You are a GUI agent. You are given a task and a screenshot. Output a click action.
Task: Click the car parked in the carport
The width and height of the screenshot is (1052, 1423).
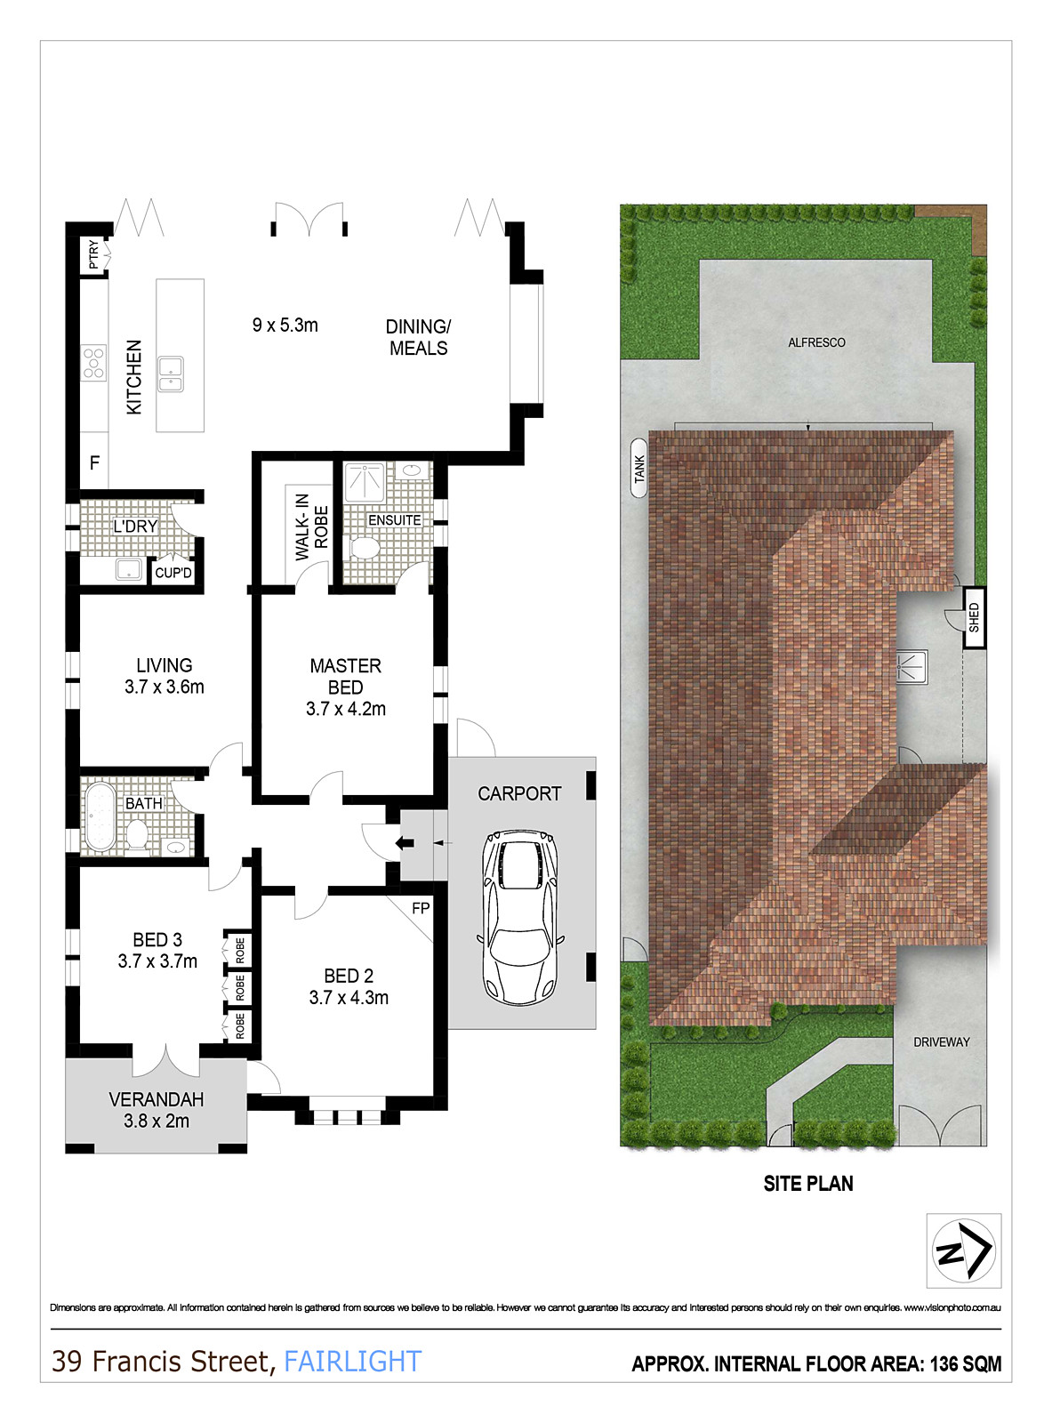click(x=519, y=918)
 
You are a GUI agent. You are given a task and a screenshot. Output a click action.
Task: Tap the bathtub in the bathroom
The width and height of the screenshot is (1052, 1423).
click(x=100, y=816)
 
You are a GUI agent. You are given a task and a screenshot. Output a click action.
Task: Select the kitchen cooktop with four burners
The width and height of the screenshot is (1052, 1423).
click(x=93, y=363)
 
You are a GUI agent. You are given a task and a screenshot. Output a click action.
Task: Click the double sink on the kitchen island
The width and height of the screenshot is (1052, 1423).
click(x=171, y=374)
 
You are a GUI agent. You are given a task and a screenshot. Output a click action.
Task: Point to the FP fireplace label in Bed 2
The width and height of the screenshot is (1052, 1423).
click(x=421, y=908)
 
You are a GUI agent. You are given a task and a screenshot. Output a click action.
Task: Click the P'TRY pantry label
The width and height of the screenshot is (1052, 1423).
click(x=94, y=254)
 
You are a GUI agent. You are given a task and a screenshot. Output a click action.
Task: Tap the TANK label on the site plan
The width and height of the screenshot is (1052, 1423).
click(x=638, y=469)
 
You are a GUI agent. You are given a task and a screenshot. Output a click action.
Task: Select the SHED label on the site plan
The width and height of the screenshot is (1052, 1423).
click(x=975, y=617)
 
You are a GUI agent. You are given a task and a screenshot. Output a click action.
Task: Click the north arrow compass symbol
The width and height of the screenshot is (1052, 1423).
click(x=963, y=1250)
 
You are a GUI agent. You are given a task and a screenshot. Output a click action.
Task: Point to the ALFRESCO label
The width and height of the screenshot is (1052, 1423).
click(x=816, y=342)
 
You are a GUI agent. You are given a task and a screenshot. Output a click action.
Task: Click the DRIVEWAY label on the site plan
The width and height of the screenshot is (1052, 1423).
click(x=941, y=1042)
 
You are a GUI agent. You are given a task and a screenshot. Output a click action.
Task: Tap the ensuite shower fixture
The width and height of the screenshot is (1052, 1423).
click(x=365, y=481)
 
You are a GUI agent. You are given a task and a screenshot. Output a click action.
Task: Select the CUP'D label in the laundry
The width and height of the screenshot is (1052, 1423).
click(x=173, y=572)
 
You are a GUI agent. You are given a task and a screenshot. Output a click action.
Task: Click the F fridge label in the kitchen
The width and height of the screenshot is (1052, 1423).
click(x=94, y=462)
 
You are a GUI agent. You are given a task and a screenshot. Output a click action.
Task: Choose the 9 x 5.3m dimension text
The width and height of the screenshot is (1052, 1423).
click(x=285, y=326)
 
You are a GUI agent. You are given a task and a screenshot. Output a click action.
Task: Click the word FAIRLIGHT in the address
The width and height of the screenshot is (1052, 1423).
click(x=353, y=1362)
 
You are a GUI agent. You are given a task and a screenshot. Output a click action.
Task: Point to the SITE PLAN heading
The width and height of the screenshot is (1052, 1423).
click(x=808, y=1184)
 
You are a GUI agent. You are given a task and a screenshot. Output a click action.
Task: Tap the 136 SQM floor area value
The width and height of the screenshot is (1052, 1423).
click(x=966, y=1364)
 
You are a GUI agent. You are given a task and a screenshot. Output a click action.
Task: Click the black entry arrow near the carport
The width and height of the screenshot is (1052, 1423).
click(x=405, y=843)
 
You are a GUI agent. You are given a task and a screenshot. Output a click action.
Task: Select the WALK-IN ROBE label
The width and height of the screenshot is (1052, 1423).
click(x=312, y=527)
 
